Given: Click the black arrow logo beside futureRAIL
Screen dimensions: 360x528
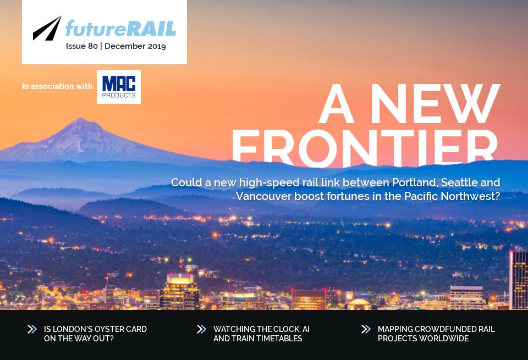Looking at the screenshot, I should (x=47, y=29).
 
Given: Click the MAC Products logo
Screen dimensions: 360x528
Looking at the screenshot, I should (x=118, y=87).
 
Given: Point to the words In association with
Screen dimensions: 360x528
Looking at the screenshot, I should (x=57, y=86).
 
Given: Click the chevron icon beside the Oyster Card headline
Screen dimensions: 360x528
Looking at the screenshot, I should (x=32, y=329).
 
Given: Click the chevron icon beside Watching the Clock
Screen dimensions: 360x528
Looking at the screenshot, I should (x=201, y=329).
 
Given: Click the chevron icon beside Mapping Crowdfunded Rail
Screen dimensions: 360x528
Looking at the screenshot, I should (x=366, y=329).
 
